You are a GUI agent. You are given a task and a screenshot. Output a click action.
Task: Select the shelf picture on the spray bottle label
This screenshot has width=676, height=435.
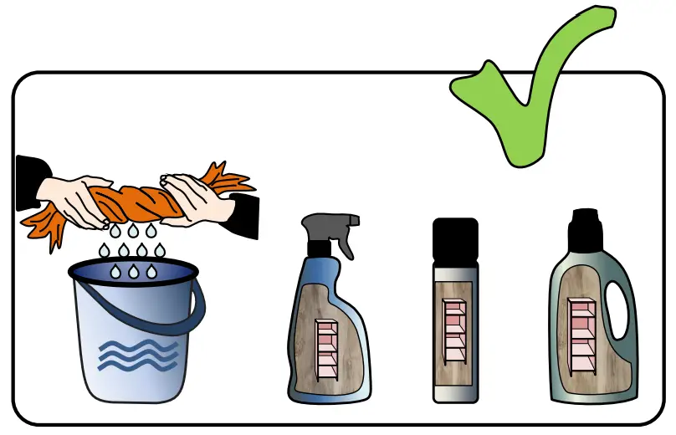click(325, 347)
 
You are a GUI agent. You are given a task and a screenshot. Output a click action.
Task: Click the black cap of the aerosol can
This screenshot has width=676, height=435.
click(455, 239)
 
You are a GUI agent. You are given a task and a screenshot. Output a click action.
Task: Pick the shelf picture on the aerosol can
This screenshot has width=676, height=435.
click(454, 330)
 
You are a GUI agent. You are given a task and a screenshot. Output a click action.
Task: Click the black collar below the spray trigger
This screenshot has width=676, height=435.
click(320, 248)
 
